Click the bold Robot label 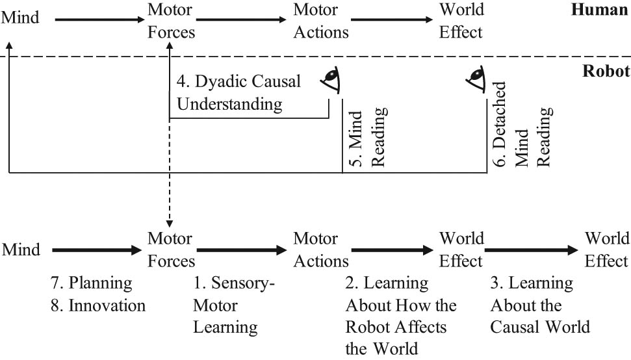(604, 71)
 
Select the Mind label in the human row (20, 18)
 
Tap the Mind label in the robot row (20, 250)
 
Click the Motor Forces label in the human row (171, 21)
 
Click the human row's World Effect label (461, 21)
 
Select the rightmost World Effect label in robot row (606, 250)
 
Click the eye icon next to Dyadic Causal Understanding (332, 81)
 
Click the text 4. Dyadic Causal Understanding (238, 93)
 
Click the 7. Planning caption (91, 284)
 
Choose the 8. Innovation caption (97, 305)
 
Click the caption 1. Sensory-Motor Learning (234, 305)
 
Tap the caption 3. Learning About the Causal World (539, 305)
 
